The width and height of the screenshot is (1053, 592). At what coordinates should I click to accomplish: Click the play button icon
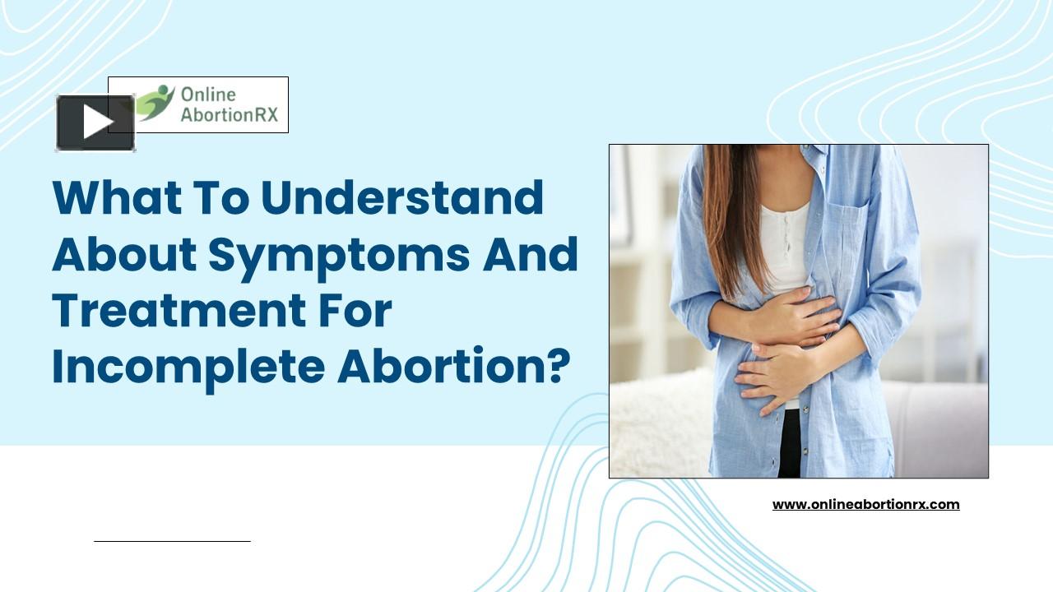pos(95,123)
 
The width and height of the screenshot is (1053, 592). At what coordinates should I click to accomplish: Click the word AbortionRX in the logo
pos(230,114)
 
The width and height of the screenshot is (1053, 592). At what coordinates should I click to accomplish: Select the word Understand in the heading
pos(402,197)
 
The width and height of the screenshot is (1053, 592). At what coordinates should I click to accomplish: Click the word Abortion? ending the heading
pos(453,367)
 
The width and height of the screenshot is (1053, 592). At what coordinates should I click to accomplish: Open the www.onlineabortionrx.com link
pos(865,504)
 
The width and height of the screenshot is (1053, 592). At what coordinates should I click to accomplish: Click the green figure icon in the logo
pos(155,103)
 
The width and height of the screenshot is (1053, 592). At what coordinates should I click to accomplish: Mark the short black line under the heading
pos(172,541)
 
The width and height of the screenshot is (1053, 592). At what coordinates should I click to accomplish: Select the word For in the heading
pos(360,311)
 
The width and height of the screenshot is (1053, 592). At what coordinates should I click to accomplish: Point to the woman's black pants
pos(790,444)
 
